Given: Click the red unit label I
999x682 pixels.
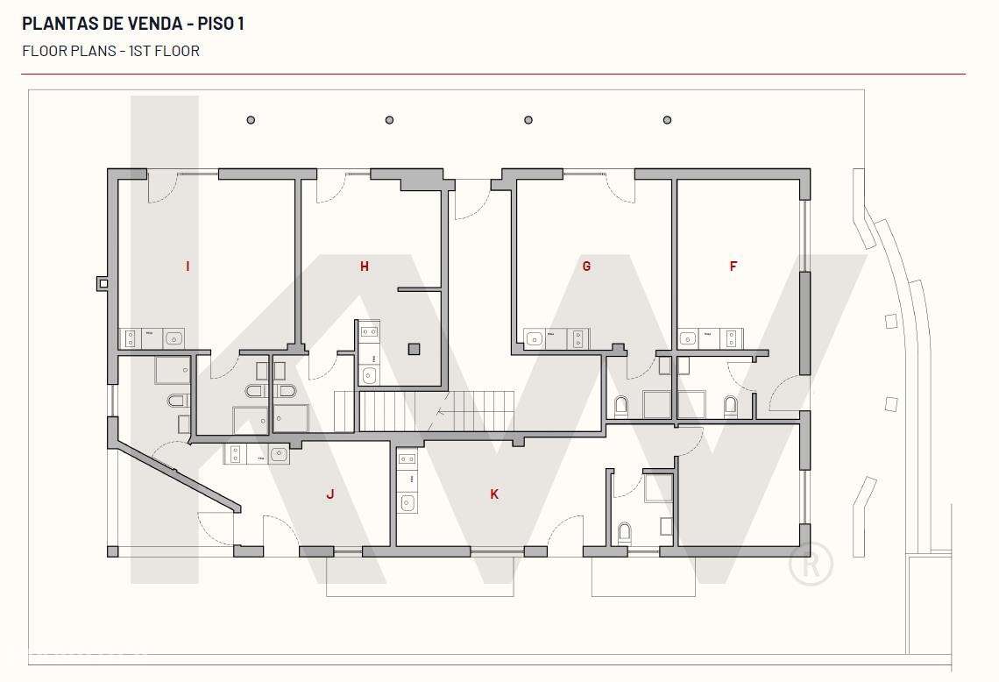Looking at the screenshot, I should pos(188,266).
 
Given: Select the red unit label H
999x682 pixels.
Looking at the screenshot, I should pos(365,266).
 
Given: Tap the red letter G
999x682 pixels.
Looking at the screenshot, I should pos(586,266).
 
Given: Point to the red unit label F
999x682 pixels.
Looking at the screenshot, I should pos(733,266).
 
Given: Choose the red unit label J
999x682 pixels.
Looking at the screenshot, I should pos(330,494).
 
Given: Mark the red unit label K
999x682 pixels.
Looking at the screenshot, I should pos(494,494).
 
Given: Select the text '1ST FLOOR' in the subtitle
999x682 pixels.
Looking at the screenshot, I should pos(164,51).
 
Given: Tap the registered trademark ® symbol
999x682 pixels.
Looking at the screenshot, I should pos(811,565).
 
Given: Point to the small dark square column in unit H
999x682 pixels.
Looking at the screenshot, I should pos(414,349).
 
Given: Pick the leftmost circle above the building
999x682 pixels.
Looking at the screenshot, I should pos(251,120).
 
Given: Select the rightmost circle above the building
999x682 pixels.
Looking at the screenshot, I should pos(667,120).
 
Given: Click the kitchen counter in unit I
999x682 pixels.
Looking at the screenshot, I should pos(152,338).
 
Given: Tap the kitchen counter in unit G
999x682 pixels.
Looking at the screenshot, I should pos(556,338).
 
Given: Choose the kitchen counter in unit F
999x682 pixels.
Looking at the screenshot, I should pos(710,338).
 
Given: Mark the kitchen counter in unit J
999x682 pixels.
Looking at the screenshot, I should pos(256,454).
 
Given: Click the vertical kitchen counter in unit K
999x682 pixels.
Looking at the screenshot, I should pos(407,481).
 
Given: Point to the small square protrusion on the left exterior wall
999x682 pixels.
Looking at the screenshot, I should pos(102,283).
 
